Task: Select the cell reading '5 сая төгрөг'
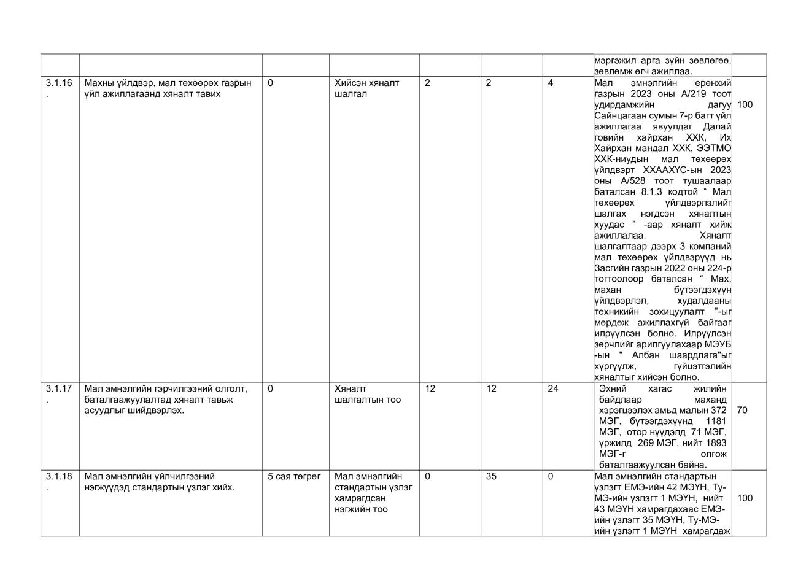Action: point(295,476)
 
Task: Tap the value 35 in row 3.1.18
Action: point(491,476)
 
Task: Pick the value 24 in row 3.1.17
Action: point(553,388)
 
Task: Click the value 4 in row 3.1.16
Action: point(551,83)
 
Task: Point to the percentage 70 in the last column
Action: point(742,410)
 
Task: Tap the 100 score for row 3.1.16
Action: point(745,104)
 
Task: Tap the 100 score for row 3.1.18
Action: point(745,498)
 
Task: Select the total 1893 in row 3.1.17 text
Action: point(716,442)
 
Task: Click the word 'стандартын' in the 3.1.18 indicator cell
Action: point(373,487)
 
